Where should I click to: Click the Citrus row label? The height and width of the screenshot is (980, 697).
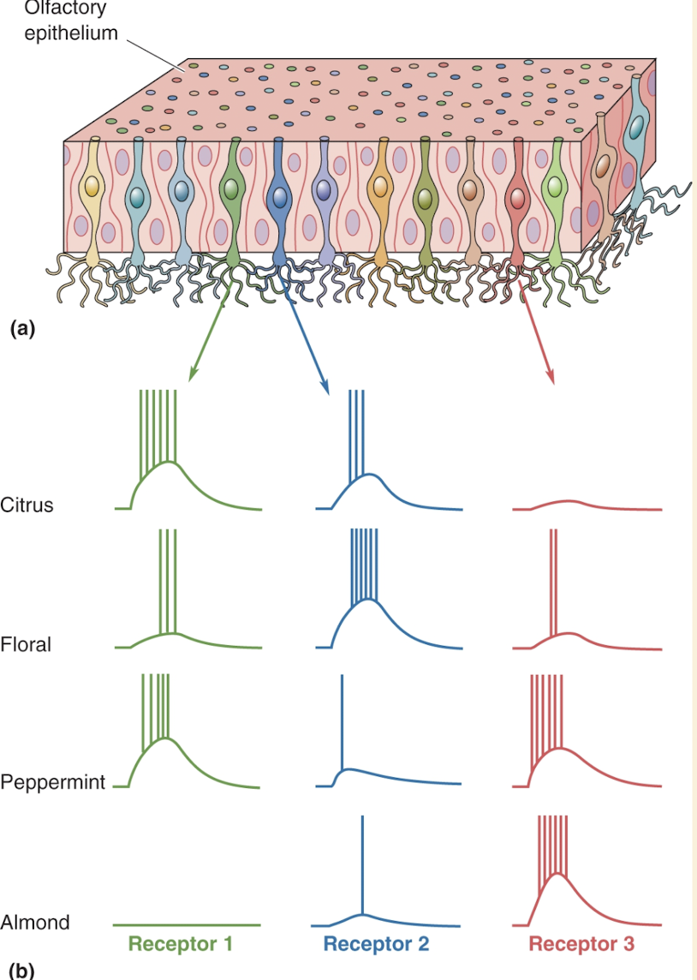tap(27, 505)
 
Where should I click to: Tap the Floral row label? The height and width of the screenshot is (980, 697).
tap(26, 644)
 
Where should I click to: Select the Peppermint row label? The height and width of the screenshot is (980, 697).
tap(52, 782)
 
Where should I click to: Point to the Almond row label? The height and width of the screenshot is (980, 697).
tap(35, 923)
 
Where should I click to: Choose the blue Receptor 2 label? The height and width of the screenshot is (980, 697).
tap(376, 944)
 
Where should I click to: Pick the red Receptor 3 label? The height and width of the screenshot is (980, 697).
tap(581, 944)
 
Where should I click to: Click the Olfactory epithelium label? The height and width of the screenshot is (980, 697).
tap(71, 23)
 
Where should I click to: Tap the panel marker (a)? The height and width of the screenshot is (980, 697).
tap(21, 327)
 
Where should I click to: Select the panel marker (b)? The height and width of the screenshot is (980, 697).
tap(21, 971)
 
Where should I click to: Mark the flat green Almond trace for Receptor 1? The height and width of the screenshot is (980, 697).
tap(187, 925)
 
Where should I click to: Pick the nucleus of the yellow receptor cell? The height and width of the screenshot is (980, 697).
tap(92, 188)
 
